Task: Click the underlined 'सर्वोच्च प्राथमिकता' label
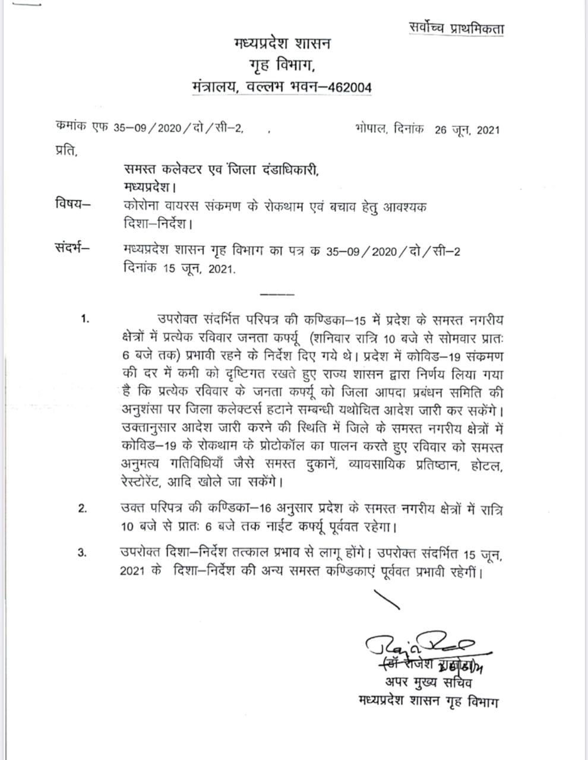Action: [456, 28]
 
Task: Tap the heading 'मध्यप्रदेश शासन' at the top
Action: [282, 44]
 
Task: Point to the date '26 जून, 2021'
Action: [467, 130]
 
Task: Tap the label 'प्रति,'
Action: [66, 151]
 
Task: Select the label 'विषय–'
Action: [72, 207]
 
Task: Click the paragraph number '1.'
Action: [85, 320]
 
